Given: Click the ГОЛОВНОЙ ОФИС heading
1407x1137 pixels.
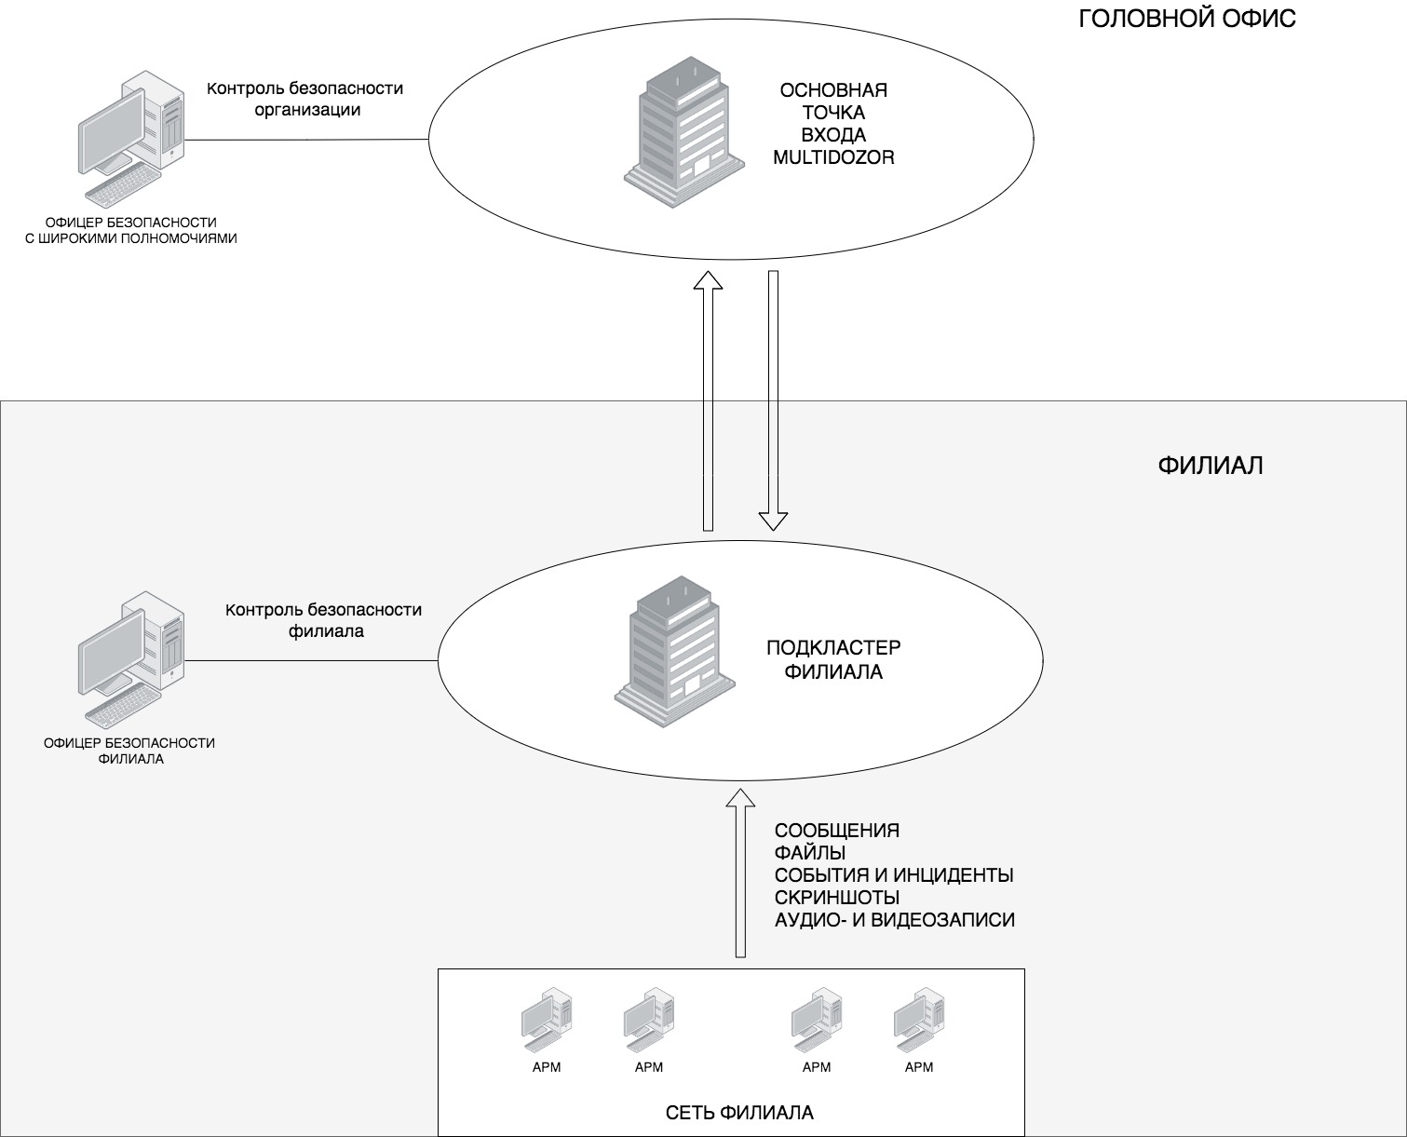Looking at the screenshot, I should point(1187,19).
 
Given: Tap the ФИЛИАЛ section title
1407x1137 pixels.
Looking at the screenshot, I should point(1211,465).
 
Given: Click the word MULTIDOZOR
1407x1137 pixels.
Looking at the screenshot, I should point(833,157).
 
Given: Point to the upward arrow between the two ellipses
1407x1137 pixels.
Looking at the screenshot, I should point(710,400).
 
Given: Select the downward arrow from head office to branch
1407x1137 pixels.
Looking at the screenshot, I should point(773,400).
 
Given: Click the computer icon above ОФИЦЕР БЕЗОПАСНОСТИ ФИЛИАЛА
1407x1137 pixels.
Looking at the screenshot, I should point(131,659).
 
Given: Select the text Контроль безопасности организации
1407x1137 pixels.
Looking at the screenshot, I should point(305,99).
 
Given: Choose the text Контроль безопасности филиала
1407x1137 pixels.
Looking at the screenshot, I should point(324,620).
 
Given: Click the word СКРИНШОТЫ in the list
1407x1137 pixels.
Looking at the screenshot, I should point(837,898).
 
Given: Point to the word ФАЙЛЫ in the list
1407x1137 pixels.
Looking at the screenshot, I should point(810,853).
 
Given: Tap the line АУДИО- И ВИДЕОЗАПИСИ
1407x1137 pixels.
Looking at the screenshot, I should point(895,920).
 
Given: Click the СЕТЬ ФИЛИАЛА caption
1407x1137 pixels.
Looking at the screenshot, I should point(739,1113).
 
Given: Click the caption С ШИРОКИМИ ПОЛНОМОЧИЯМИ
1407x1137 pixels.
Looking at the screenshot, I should point(130,238).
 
